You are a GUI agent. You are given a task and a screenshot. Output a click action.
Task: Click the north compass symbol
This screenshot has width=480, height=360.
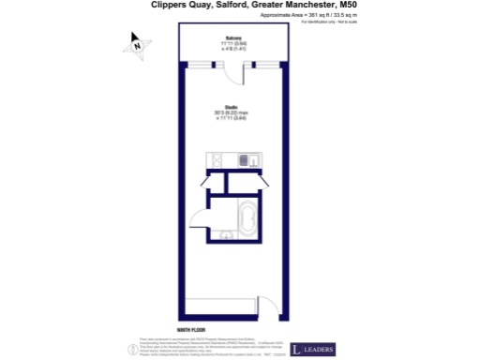(136, 42)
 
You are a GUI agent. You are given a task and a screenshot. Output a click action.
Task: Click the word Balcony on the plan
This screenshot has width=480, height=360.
(229, 37)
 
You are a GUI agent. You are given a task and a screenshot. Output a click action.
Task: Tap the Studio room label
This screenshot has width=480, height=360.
(230, 107)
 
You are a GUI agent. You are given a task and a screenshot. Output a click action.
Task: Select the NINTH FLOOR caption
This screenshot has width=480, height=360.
(190, 318)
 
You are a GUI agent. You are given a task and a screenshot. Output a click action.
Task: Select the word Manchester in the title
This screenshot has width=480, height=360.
(301, 5)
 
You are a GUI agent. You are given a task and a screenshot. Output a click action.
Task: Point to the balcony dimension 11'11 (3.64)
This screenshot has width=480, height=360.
(229, 43)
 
